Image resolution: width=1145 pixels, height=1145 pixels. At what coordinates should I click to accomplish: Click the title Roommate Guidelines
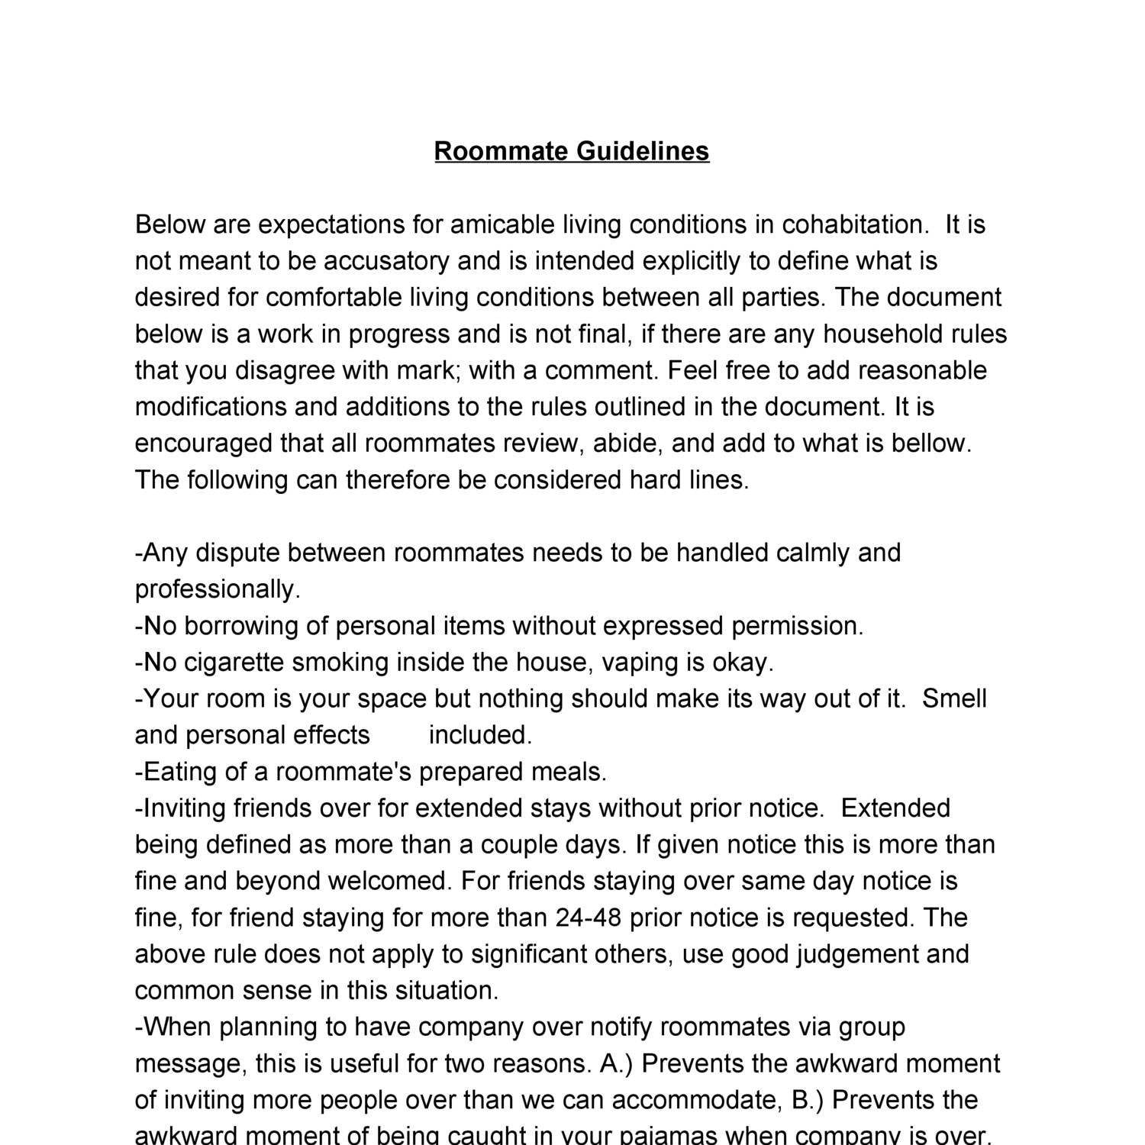tap(572, 151)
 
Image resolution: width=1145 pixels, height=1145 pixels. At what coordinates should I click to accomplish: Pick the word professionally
tap(218, 590)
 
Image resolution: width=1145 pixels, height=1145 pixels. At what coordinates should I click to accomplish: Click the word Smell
tap(954, 698)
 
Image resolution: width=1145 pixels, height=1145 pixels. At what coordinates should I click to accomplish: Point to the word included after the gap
tap(480, 735)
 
